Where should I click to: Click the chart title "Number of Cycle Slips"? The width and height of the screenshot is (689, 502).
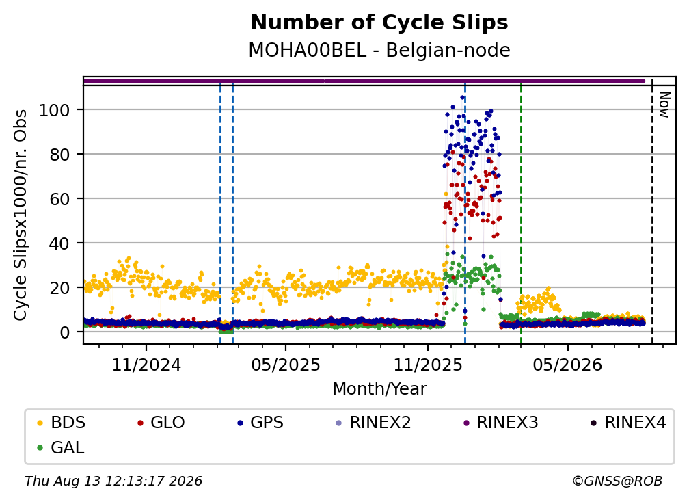(x=379, y=23)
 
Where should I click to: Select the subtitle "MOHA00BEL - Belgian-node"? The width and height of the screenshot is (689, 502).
(x=379, y=50)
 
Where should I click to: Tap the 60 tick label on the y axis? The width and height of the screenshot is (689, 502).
(x=59, y=199)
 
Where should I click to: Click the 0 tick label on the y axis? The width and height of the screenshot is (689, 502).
(x=65, y=332)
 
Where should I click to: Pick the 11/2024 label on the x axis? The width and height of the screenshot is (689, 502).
(x=146, y=365)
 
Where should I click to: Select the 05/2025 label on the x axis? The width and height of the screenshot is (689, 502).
(x=286, y=365)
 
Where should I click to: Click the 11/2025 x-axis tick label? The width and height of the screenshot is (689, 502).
(x=428, y=365)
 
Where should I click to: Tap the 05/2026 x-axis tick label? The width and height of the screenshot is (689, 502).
(x=567, y=365)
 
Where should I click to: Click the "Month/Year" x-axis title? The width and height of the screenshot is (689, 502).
(x=379, y=388)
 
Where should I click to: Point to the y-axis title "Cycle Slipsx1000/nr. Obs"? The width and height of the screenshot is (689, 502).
(x=21, y=215)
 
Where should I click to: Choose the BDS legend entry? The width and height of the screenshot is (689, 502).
(x=61, y=423)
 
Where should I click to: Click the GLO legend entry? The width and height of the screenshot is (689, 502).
(x=161, y=423)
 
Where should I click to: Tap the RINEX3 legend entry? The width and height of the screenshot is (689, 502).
(x=501, y=423)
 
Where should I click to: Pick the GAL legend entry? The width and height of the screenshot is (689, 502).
(x=61, y=448)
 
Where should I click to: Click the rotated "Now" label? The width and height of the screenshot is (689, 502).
(x=665, y=105)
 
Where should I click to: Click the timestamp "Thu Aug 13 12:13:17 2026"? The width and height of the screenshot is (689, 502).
(x=113, y=481)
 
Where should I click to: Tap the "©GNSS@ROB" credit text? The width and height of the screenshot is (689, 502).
(x=617, y=481)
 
